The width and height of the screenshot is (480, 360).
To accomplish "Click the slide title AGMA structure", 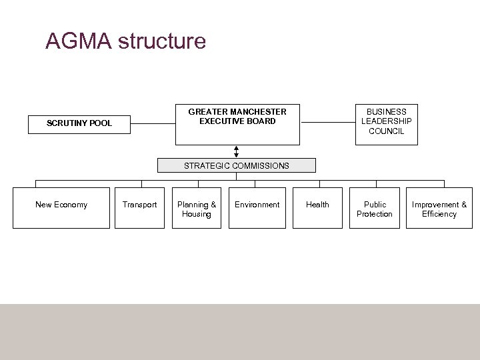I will pyautogui.click(x=125, y=41).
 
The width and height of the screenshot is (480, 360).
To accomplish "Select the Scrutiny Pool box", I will pyautogui.click(x=79, y=124).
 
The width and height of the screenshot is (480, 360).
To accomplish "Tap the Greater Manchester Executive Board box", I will pyautogui.click(x=237, y=124).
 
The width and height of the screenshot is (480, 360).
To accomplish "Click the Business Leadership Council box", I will pyautogui.click(x=386, y=124).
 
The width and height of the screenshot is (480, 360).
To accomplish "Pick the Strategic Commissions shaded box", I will pyautogui.click(x=237, y=165).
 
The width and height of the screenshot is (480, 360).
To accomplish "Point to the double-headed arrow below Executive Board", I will pyautogui.click(x=236, y=151).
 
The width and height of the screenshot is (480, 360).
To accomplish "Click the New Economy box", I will pyautogui.click(x=61, y=208).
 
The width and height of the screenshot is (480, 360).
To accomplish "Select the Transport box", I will pyautogui.click(x=139, y=208).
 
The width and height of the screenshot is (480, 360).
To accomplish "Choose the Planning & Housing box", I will pyautogui.click(x=197, y=208).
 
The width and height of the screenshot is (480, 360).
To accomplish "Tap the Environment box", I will pyautogui.click(x=257, y=208).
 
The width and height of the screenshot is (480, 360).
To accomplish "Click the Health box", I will pyautogui.click(x=317, y=208).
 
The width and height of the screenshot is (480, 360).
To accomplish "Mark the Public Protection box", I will pyautogui.click(x=375, y=208).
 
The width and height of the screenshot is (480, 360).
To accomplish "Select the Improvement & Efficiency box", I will pyautogui.click(x=439, y=208).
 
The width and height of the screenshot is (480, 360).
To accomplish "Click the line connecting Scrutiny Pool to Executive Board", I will pyautogui.click(x=153, y=123).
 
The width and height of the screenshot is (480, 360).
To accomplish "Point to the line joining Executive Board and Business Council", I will pyautogui.click(x=329, y=123).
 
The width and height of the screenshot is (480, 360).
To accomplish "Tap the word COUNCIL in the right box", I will pyautogui.click(x=387, y=131).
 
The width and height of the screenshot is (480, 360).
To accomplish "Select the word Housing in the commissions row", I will pyautogui.click(x=197, y=214).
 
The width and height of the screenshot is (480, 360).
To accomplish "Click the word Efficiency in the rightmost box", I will pyautogui.click(x=439, y=214).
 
